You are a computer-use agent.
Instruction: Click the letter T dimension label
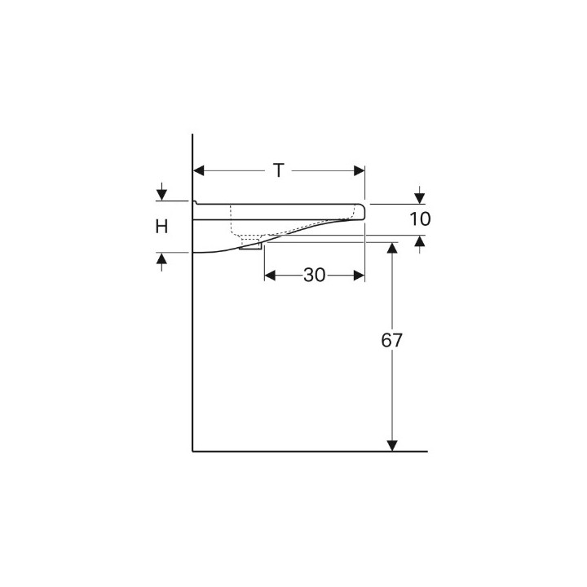click(x=279, y=170)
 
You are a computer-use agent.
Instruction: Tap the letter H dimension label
click(x=162, y=227)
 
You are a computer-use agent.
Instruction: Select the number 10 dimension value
click(x=420, y=218)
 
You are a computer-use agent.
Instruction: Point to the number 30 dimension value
click(x=315, y=276)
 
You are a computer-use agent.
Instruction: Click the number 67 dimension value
click(x=392, y=341)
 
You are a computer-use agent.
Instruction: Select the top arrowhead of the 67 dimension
click(x=392, y=247)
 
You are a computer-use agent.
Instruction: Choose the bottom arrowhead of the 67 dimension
click(x=392, y=444)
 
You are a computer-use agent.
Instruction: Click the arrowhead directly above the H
click(x=162, y=195)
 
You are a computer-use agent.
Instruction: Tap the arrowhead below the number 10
click(x=419, y=241)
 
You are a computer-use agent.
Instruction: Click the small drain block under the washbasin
click(x=250, y=245)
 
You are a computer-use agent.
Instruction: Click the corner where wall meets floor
click(x=192, y=450)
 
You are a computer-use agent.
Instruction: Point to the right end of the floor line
click(x=426, y=450)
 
